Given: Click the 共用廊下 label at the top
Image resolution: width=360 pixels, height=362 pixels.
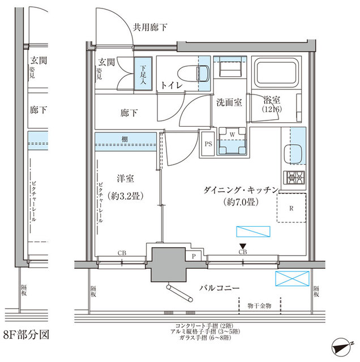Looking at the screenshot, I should tap(150, 27).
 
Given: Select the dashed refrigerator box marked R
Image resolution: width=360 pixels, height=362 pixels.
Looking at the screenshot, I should tap(291, 208).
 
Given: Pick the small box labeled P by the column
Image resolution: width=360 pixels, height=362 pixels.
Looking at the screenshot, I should tap(194, 256).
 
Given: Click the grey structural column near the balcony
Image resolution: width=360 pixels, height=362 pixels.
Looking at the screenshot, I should tap(168, 262).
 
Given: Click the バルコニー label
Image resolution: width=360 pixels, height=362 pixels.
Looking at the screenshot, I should tap(219, 288).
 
